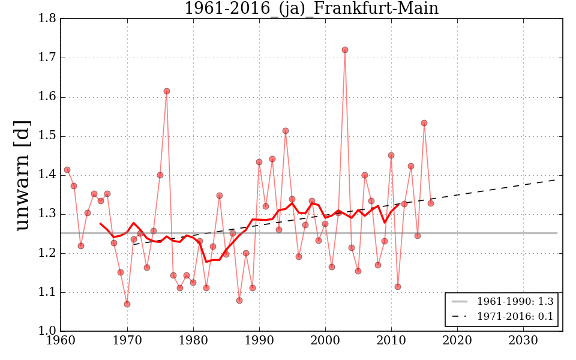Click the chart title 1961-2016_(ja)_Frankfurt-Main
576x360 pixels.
tap(311, 8)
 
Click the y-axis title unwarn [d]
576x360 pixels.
tap(22, 175)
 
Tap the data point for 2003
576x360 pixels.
tap(345, 50)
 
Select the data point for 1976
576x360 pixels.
tap(167, 91)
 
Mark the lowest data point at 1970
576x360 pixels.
tap(127, 304)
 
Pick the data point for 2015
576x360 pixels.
tap(424, 123)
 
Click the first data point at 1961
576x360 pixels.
tap(67, 170)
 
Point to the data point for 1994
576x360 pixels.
tap(286, 131)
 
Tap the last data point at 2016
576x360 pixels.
tap(431, 203)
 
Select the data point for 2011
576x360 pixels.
tap(398, 287)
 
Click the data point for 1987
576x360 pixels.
tap(239, 301)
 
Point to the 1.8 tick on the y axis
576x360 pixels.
tap(48, 19)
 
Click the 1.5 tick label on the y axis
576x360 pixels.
tap(48, 136)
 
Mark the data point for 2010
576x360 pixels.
tap(391, 155)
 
